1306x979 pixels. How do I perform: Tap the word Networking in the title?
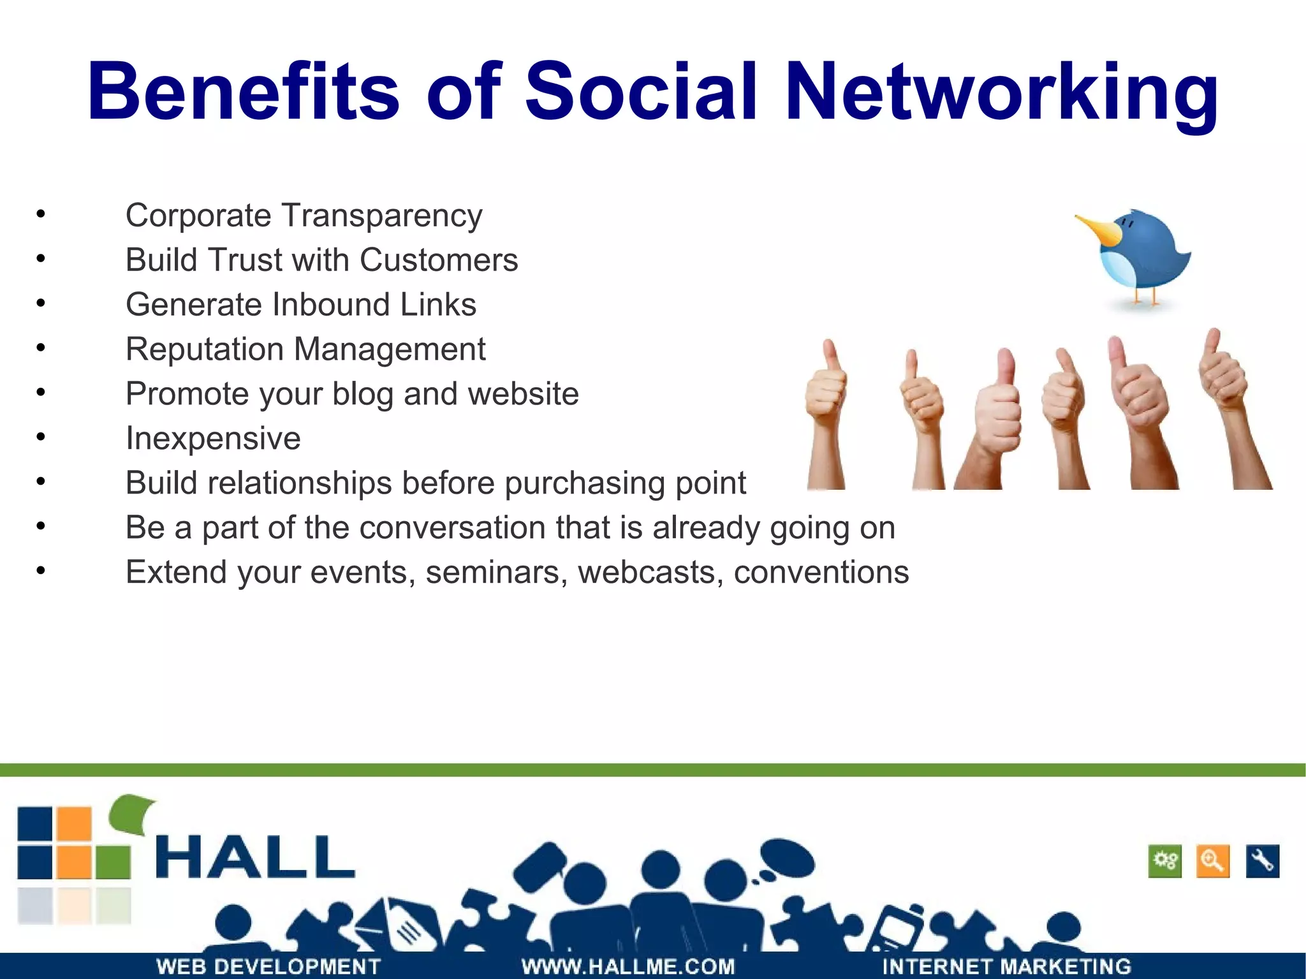(1001, 92)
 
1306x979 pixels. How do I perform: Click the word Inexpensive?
(213, 439)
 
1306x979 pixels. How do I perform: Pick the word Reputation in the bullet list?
(204, 350)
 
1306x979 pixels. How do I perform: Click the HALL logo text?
(255, 857)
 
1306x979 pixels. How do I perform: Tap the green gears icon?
(1165, 862)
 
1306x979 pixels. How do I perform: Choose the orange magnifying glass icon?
(1212, 862)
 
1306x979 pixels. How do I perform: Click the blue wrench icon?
(1262, 862)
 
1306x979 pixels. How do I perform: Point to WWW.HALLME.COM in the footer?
(628, 966)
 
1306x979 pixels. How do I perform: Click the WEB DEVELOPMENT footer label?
(268, 966)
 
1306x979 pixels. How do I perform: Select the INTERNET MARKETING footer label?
(1006, 966)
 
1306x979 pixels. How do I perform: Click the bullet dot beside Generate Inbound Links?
(41, 304)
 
